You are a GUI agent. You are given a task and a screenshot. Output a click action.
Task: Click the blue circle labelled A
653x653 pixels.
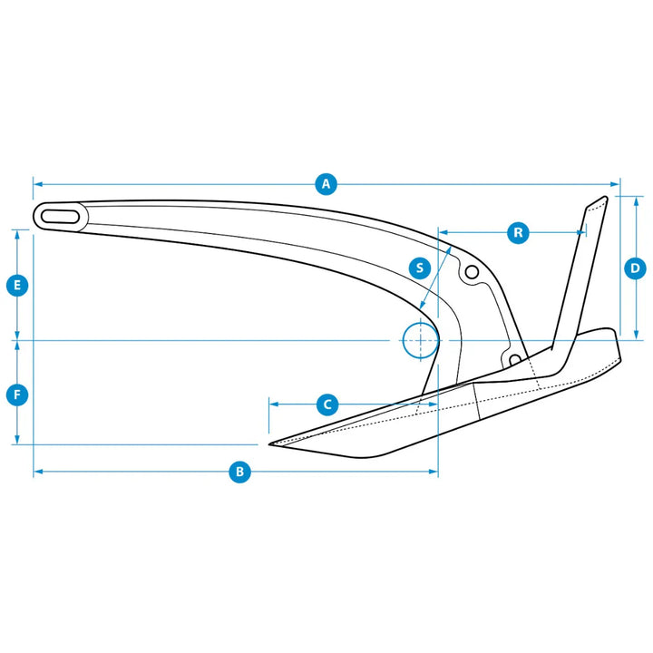click(326, 183)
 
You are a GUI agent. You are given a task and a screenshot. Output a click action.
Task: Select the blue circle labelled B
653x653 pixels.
click(239, 472)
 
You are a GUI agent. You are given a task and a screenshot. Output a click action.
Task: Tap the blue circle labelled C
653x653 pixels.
click(327, 404)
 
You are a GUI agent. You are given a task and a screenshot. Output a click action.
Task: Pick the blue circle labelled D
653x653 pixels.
click(635, 268)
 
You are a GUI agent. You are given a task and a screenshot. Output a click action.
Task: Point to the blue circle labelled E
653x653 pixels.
click(17, 286)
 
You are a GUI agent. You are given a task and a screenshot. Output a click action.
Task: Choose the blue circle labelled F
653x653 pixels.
click(17, 395)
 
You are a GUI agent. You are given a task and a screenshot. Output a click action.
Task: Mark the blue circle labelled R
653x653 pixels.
click(518, 232)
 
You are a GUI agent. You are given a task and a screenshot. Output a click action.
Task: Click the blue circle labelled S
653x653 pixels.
click(420, 268)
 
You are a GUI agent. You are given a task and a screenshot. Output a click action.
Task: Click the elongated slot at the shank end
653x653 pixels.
click(61, 217)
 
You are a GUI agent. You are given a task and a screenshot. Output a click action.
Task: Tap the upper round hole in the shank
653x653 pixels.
click(472, 272)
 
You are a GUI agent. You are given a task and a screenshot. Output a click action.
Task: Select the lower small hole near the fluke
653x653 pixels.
click(515, 359)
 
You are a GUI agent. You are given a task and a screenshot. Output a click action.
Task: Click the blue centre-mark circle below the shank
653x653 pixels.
click(421, 340)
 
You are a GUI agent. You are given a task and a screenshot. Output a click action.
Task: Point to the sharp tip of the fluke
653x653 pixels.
click(269, 444)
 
